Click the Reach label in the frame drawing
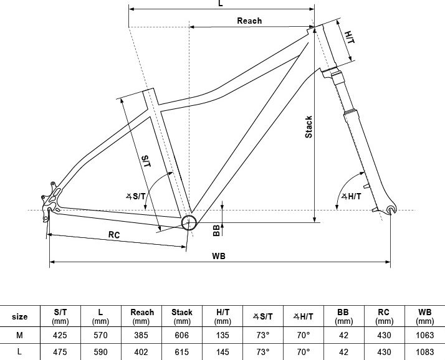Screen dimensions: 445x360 pos(249,21)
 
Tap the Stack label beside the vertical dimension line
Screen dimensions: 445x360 pos(309,127)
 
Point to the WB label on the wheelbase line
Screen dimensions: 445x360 pos(219,256)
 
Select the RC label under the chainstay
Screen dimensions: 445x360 pos(114,235)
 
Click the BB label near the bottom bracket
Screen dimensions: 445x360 pos(216,230)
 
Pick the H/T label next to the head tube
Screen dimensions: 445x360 pos(350,37)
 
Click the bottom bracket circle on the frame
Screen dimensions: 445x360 pos(189,222)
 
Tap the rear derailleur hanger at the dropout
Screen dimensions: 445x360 pos(45,215)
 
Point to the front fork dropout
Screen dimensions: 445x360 pos(391,210)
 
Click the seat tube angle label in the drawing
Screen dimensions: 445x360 pos(136,196)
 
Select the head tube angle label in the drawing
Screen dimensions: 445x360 pos(352,196)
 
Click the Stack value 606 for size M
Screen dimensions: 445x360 pos(181,335)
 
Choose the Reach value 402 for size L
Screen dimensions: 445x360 pos(141,352)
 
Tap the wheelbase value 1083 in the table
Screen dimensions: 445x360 pos(425,352)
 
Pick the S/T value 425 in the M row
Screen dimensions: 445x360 pos(60,335)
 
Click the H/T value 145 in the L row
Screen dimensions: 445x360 pos(222,352)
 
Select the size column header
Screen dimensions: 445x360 pos(19,316)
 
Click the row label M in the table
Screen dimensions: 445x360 pos(19,335)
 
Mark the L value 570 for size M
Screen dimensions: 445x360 pos(100,335)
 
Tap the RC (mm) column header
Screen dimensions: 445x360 pos(384,316)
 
